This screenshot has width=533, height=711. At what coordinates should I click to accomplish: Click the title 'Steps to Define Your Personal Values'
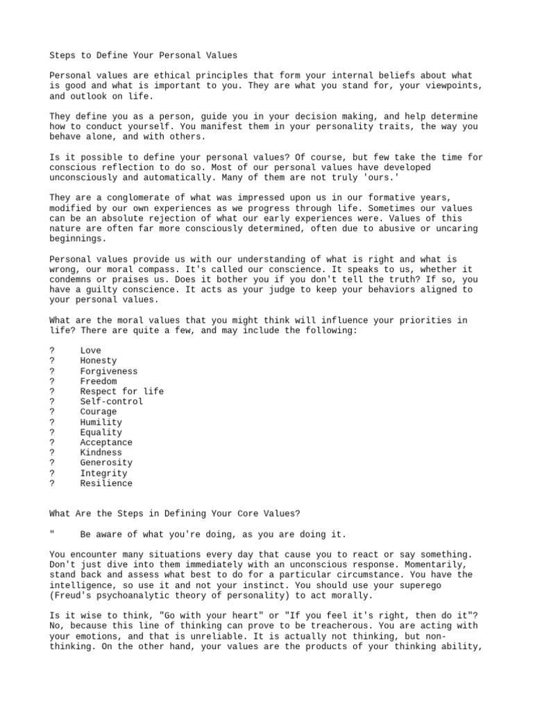tap(144, 55)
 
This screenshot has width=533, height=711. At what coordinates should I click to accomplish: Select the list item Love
tap(90, 351)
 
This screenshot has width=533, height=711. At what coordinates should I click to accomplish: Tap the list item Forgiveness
tap(108, 371)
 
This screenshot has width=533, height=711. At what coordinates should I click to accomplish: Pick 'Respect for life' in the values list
tap(121, 392)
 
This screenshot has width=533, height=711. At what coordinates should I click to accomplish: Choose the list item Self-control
tap(111, 401)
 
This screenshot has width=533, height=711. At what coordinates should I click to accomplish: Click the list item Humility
tap(101, 422)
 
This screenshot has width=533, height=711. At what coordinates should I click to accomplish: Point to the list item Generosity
tap(105, 462)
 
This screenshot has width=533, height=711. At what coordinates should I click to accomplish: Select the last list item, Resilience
tap(105, 483)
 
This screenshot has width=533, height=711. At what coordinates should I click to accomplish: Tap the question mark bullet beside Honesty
tap(52, 361)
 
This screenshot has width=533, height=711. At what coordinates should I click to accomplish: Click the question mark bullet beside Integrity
tap(52, 474)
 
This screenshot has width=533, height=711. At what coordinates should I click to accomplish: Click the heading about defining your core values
tap(175, 514)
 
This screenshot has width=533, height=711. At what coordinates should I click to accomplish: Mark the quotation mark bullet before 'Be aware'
tap(52, 534)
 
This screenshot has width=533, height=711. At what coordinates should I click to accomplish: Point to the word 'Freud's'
tap(73, 596)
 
